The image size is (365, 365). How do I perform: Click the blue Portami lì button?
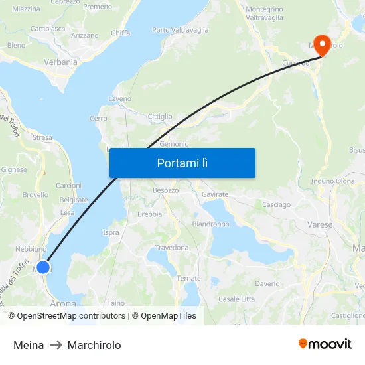pos(183,163)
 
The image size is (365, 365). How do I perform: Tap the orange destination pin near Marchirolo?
pos(322,45)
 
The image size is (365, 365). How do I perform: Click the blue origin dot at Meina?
pos(43,267)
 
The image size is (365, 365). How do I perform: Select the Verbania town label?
pos(60,62)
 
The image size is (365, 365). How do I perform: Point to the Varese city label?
pos(320,225)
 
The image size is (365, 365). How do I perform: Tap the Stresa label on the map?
pos(42,138)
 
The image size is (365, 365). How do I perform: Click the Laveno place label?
pos(119,99)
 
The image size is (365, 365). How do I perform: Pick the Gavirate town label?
pos(215,194)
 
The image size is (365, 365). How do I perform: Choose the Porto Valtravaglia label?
pos(180,30)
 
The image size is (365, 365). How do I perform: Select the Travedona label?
pos(172,248)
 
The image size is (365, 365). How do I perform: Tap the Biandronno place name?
pos(210,224)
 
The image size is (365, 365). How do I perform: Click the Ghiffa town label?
pos(120,33)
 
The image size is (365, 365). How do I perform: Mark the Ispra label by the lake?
pos(111,232)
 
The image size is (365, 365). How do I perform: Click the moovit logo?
pos(325,344)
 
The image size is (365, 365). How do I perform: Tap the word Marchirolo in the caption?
pos(94,345)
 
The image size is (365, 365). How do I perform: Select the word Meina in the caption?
pos(29,345)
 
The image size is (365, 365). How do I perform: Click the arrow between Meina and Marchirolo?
pos(56,345)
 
